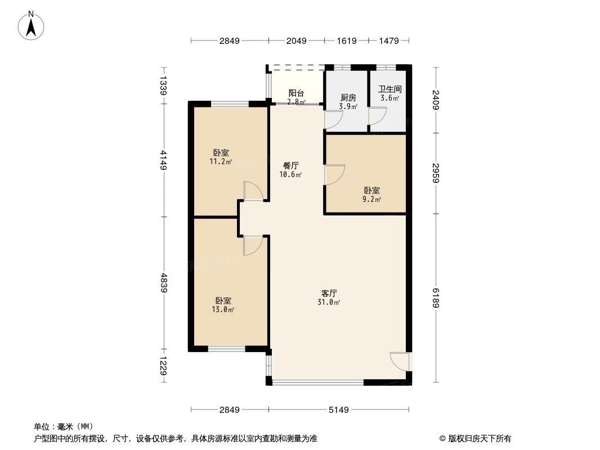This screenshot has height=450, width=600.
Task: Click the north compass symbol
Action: tap(32, 25)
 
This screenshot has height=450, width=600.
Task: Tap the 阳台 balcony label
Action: tap(297, 93)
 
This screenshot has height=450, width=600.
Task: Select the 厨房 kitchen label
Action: tap(348, 97)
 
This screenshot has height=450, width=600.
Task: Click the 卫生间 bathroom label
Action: tap(389, 89)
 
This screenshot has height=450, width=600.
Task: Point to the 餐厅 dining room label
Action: tap(290, 166)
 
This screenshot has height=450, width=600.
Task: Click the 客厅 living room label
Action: tap(329, 294)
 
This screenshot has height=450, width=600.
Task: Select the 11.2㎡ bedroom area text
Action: tap(221, 162)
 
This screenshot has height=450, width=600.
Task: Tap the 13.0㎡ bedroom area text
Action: tap(223, 309)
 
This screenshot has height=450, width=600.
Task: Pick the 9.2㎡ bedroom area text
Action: tap(371, 200)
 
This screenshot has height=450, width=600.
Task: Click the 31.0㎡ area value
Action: tap(329, 303)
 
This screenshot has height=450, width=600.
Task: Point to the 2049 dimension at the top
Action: tap(296, 40)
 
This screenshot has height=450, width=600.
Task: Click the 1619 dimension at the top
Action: tap(346, 40)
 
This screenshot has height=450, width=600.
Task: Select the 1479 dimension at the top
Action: tap(388, 40)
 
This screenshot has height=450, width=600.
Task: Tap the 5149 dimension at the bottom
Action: tap(339, 409)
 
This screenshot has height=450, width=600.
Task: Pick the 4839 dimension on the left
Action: tap(164, 282)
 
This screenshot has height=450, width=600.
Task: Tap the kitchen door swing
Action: tap(333, 119)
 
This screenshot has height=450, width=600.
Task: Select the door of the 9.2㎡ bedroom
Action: tap(334, 174)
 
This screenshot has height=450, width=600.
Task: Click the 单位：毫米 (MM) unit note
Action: tap(63, 426)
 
